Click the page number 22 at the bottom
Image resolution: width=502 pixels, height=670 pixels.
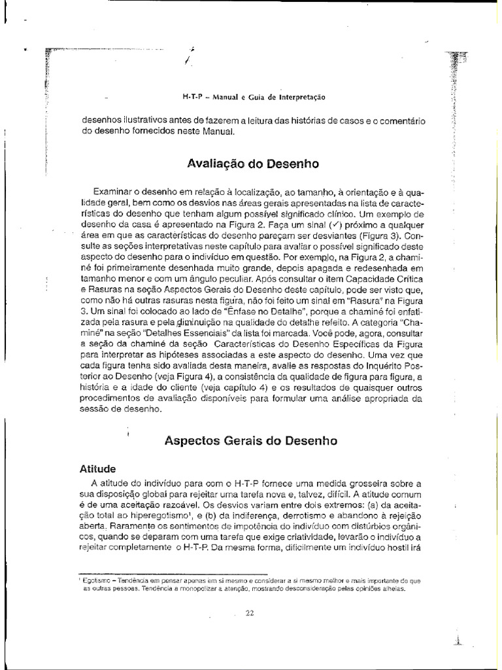[x=249, y=613]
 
